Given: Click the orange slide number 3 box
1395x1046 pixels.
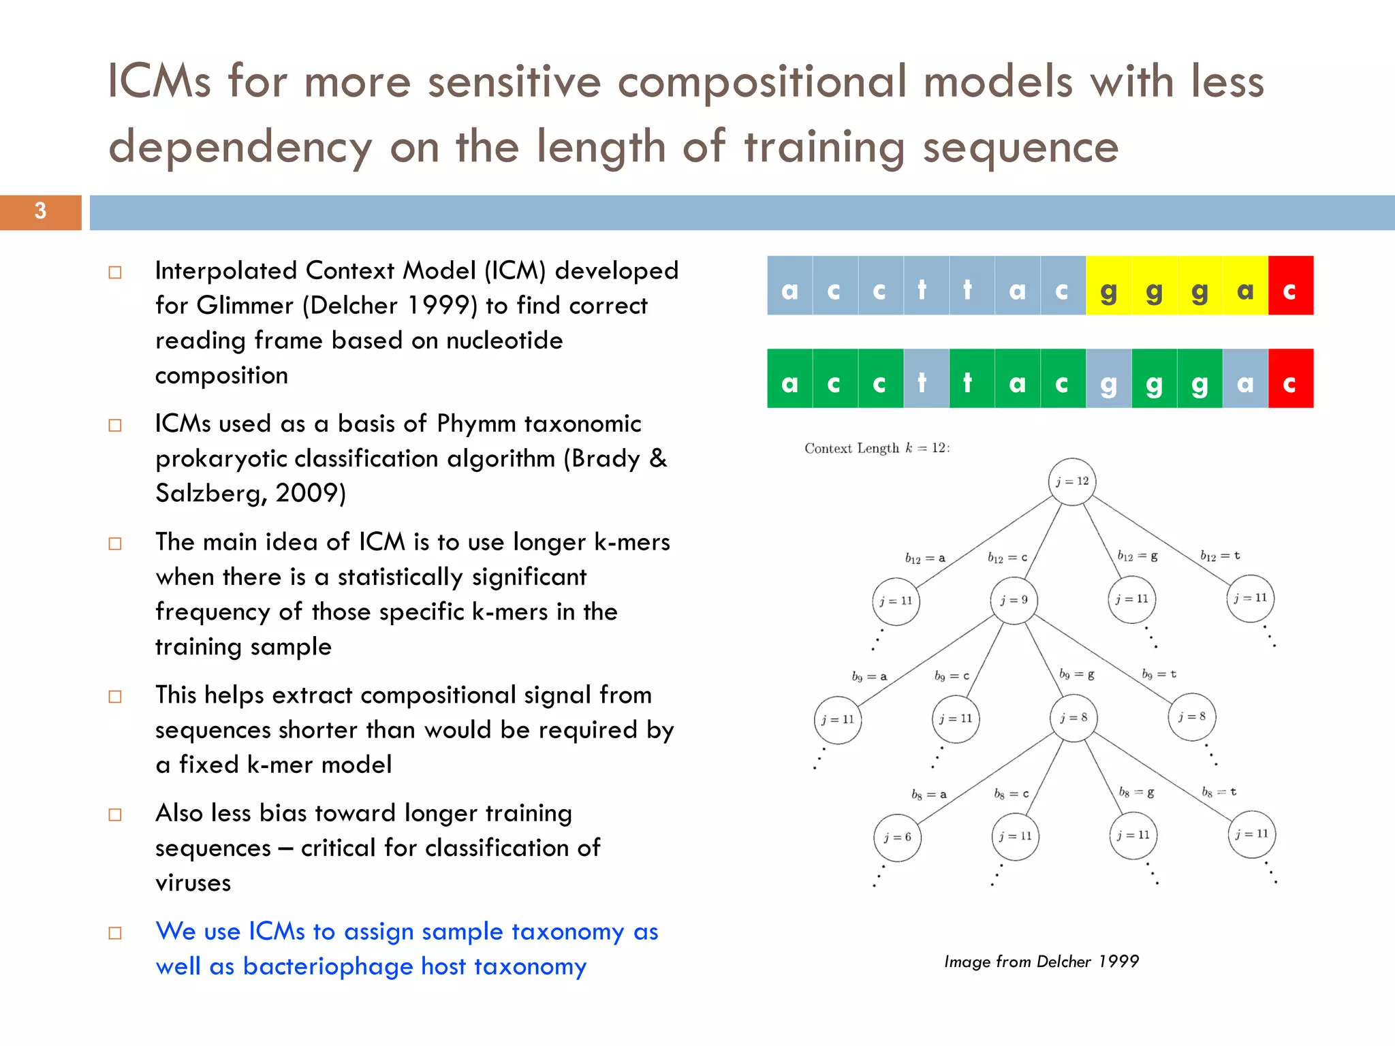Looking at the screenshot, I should (41, 212).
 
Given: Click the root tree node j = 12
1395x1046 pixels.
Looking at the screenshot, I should (1072, 481).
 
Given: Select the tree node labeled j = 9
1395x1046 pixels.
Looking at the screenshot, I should (1014, 600).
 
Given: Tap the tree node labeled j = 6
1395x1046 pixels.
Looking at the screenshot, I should (897, 838).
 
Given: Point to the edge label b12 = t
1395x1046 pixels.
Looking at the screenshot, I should (1220, 556).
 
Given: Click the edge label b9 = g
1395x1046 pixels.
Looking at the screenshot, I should (1077, 674).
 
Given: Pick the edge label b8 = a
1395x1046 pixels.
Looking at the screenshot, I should (929, 794).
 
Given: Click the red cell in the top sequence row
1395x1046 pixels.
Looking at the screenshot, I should (1290, 286).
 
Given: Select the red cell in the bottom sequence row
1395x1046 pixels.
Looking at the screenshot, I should (1290, 379).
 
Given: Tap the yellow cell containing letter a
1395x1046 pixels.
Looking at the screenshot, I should (1245, 286).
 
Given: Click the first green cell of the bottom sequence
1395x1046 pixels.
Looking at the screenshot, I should (789, 379).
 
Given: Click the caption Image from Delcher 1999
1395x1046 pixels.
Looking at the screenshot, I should (1041, 962).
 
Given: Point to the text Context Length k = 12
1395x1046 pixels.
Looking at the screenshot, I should (877, 448).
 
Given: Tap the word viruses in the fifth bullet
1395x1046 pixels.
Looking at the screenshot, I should (193, 883).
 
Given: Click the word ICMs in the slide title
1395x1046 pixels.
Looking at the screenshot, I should (159, 82).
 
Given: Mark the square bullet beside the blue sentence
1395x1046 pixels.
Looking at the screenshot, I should (115, 933).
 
